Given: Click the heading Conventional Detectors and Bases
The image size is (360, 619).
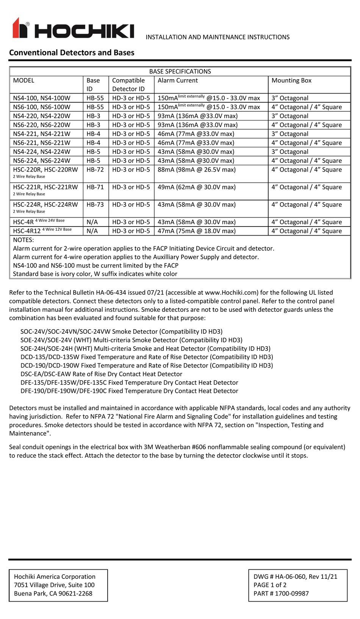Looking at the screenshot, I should pos(72,53).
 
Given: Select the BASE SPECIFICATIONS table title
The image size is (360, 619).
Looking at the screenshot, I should pos(180,72).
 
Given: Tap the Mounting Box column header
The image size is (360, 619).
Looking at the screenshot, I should pos(291,80).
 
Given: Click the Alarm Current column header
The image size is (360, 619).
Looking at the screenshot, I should pos(178,80).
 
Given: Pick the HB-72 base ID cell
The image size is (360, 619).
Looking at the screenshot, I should pos(95,170).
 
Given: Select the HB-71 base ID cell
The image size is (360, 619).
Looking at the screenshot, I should pos(95,187).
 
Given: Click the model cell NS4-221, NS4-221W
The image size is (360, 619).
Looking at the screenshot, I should pos(42,134).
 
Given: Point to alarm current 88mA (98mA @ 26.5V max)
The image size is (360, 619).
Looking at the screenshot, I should pos(196,170).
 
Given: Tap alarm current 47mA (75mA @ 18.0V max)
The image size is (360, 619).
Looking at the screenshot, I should pos(196,231).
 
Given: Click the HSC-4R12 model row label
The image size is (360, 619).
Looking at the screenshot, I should pos(27,231).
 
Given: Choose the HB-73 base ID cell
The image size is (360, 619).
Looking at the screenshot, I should pos(95,205).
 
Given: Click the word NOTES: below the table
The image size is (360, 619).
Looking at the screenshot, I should pos(23,240).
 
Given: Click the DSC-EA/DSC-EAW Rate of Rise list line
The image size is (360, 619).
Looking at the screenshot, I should pos(101,374).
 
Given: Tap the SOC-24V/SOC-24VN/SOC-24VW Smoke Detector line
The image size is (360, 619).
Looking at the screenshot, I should pos(121,331).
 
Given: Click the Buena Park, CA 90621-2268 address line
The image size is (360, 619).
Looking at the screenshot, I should pos(53,594).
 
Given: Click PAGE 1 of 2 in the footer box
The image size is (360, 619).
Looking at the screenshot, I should pos(270,585).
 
